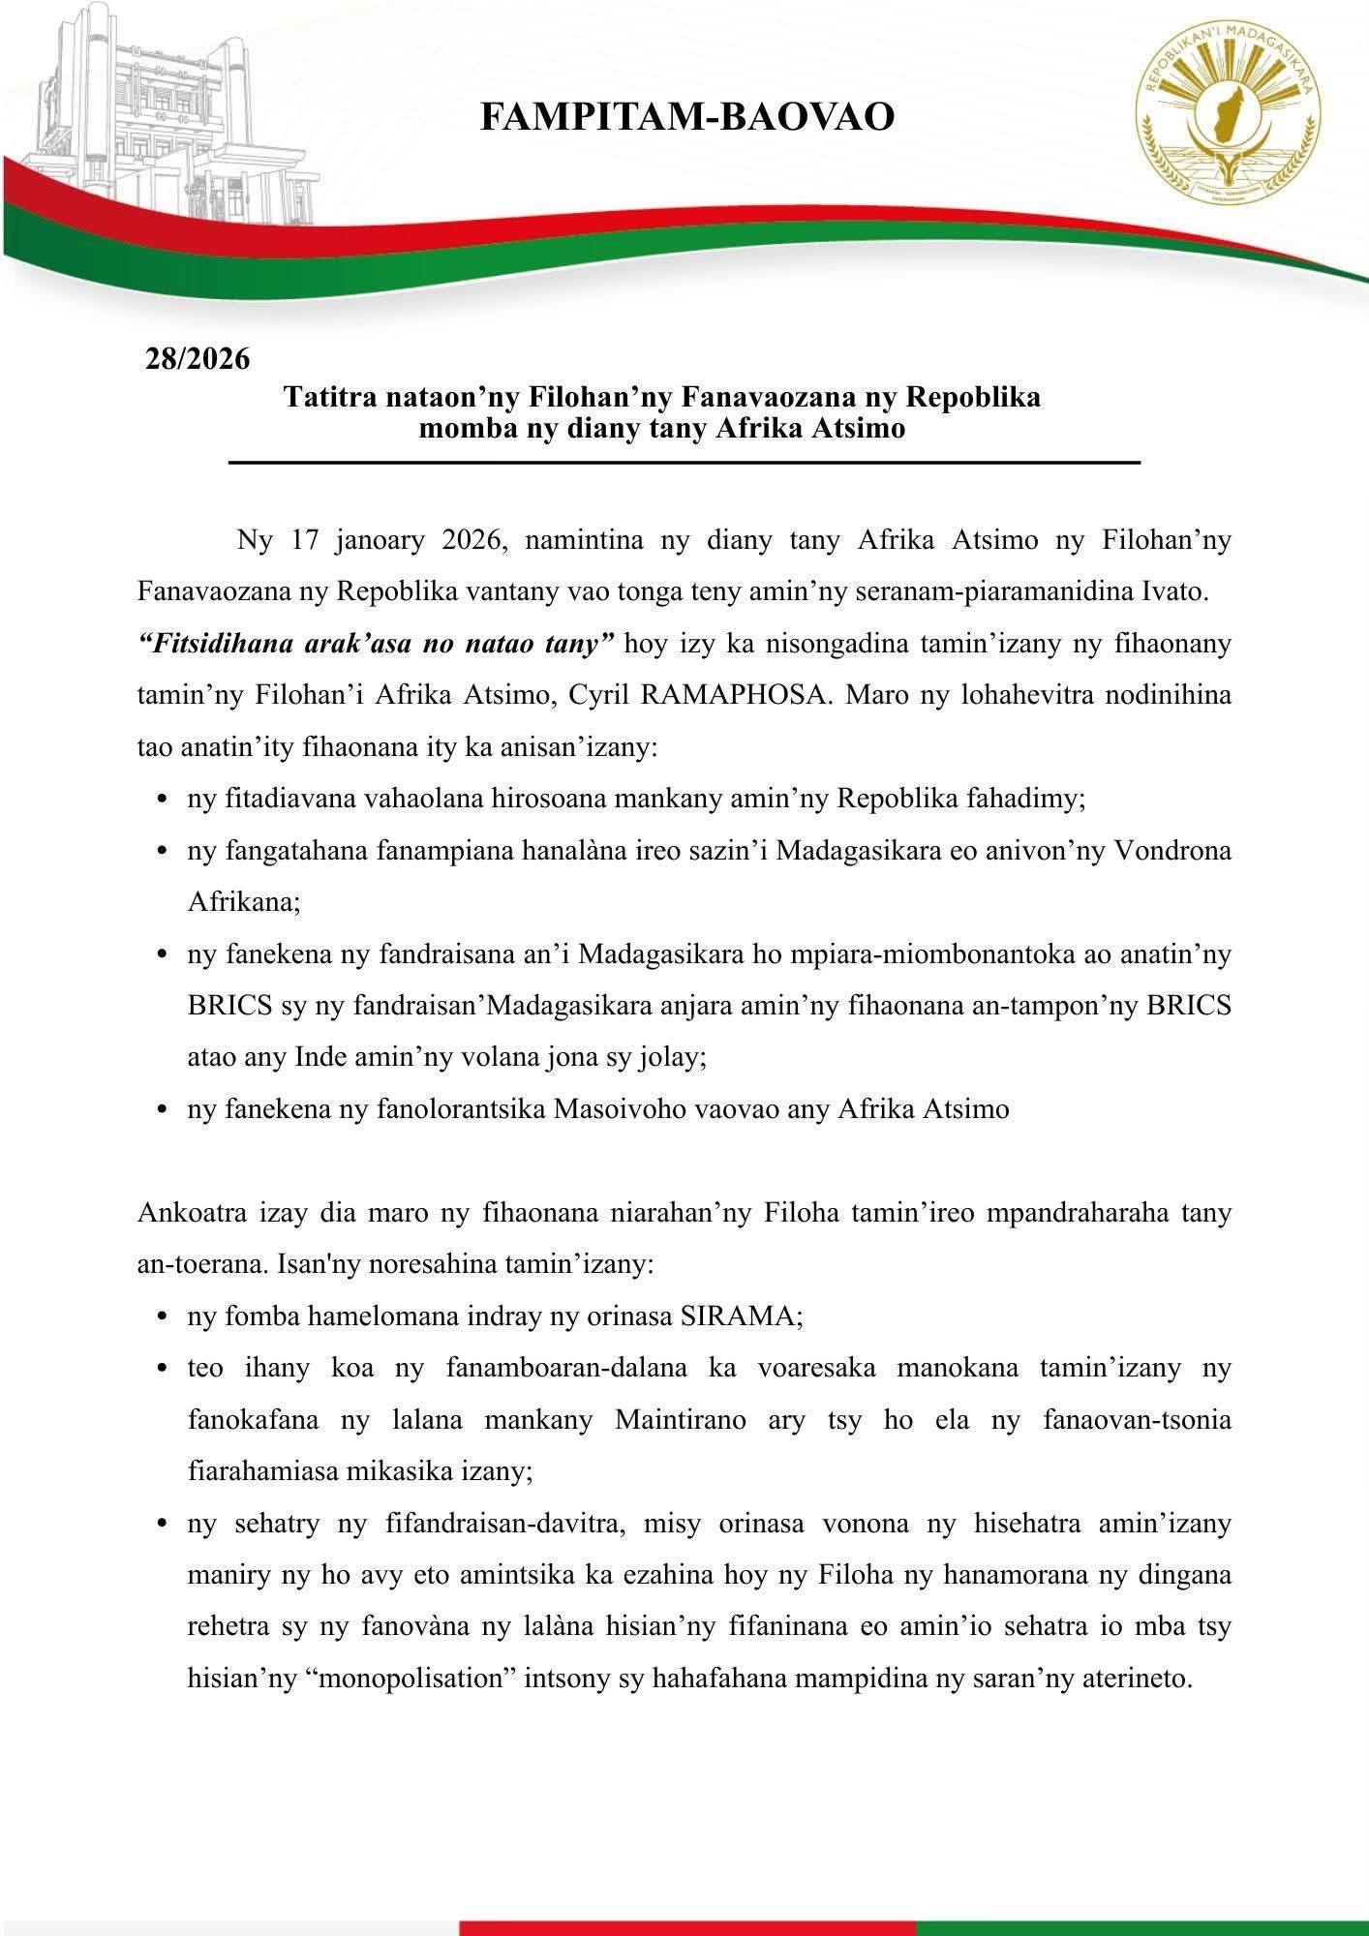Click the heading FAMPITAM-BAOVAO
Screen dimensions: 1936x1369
686,117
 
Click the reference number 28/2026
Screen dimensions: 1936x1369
198,359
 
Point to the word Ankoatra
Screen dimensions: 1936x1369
195,1213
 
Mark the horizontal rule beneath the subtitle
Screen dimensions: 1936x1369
684,465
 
